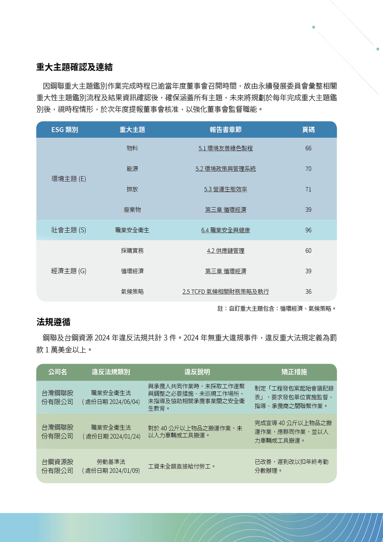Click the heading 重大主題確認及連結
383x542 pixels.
(x=74, y=67)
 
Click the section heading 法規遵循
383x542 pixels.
(x=53, y=322)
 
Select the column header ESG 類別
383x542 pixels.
(x=65, y=130)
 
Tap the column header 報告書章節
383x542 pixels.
(x=225, y=130)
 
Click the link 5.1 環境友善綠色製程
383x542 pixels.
(x=225, y=148)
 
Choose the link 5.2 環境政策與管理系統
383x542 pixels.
(x=225, y=169)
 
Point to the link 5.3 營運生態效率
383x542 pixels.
(x=225, y=189)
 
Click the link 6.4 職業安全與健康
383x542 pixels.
(x=225, y=230)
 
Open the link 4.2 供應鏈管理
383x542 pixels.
(x=225, y=251)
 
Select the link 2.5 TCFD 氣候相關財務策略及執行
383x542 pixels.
(x=225, y=292)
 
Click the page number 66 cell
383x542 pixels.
(x=308, y=148)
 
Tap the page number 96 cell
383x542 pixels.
(x=308, y=230)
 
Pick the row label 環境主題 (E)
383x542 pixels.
(x=69, y=179)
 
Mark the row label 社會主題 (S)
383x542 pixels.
(x=69, y=230)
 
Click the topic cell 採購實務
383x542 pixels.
(x=132, y=251)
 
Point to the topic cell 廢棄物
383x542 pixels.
(x=132, y=210)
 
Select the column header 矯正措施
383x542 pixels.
(x=294, y=372)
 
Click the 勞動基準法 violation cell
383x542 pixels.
(x=111, y=462)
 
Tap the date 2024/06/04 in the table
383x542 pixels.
(x=124, y=402)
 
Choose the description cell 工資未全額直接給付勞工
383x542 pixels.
(x=182, y=467)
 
